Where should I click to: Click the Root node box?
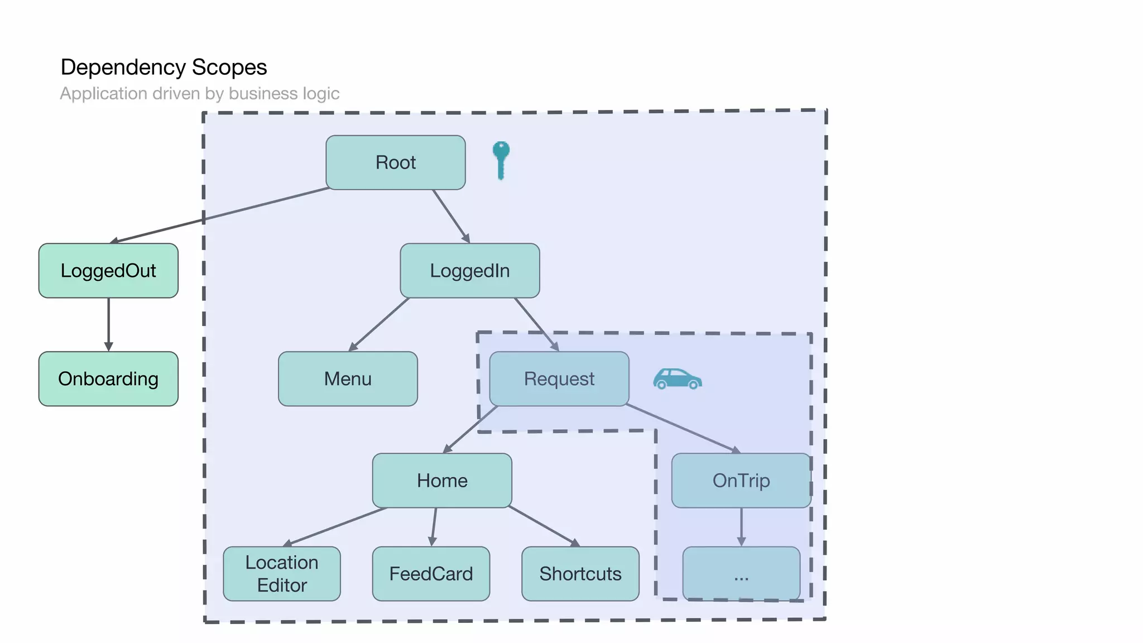[395, 162]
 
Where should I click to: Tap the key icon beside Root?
[501, 159]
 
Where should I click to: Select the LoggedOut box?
[108, 271]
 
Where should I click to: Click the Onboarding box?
[108, 379]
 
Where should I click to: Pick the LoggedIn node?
[469, 271]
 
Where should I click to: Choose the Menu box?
[348, 379]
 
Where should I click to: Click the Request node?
[559, 379]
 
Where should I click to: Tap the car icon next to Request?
[677, 380]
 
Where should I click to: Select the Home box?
[442, 481]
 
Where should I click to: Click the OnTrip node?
[741, 481]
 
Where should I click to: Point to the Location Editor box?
[282, 574]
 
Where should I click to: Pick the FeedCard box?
[431, 574]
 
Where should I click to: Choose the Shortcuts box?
[580, 574]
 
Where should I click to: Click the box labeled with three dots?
[741, 574]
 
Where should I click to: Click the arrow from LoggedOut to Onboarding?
[108, 324]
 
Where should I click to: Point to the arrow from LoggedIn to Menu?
[380, 324]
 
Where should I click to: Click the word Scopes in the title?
[229, 68]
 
